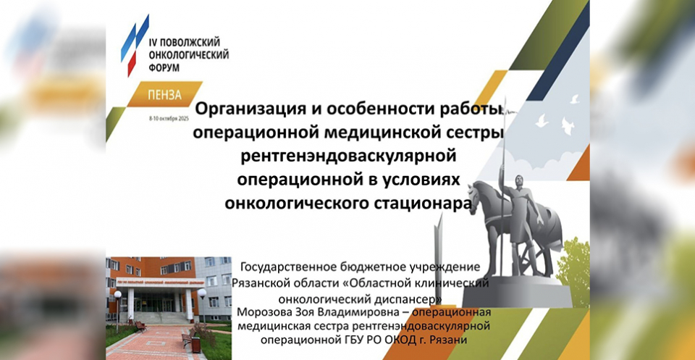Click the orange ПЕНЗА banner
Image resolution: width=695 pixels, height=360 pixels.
pyautogui.click(x=165, y=94)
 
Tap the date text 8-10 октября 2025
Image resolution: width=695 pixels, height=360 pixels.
pyautogui.click(x=169, y=120)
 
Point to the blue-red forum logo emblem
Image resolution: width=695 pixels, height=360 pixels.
pyautogui.click(x=135, y=45)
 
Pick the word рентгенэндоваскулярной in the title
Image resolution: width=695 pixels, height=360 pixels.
pyautogui.click(x=348, y=156)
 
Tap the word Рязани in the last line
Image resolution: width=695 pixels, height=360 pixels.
pyautogui.click(x=451, y=340)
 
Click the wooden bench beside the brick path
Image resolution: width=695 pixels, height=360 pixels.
pyautogui.click(x=141, y=327)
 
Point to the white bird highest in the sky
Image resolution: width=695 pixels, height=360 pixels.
pyautogui.click(x=575, y=99)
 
